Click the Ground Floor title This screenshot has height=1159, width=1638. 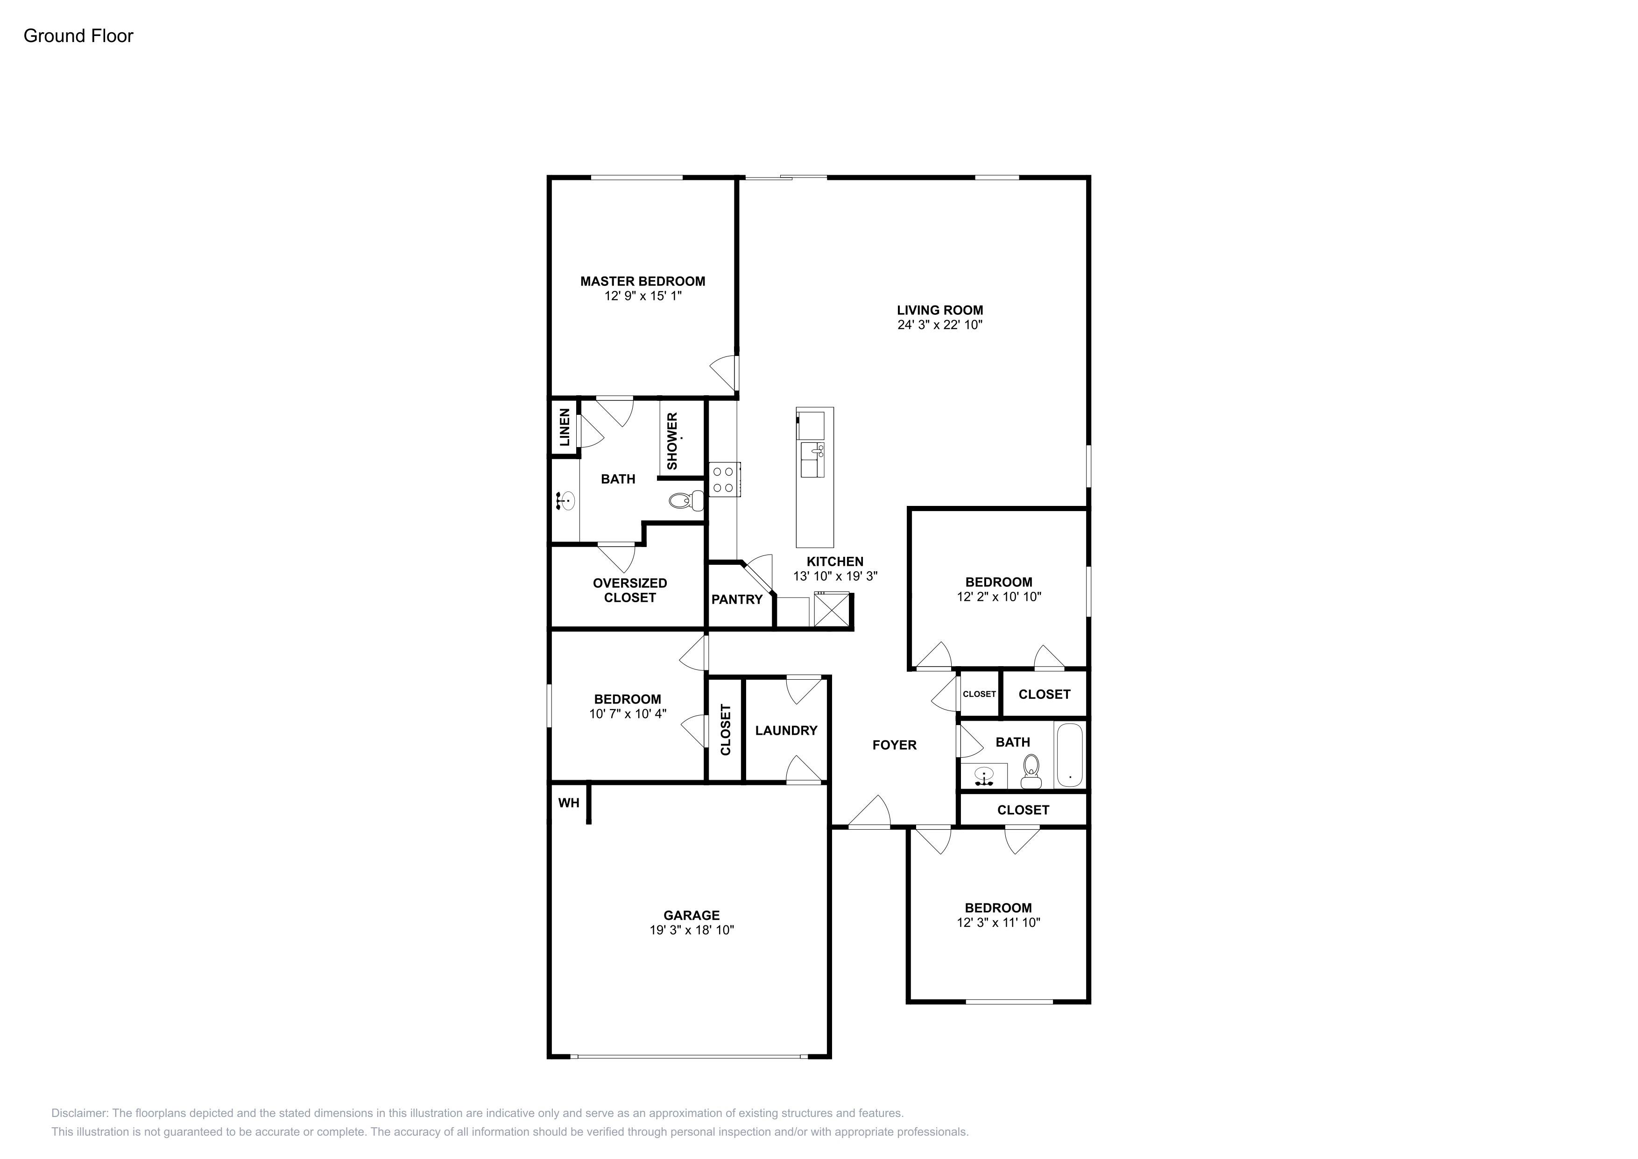coord(78,36)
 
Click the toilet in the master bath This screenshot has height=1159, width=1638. coord(687,501)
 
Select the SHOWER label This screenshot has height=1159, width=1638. coord(672,441)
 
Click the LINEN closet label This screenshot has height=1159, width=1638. coord(565,427)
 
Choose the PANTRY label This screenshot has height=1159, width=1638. coord(737,599)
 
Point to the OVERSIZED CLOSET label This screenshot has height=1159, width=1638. coord(630,590)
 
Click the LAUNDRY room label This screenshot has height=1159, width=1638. coord(786,730)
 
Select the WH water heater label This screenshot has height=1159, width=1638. coord(569,803)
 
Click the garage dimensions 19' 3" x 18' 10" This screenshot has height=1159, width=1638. coord(692,930)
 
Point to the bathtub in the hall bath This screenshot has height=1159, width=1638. coord(1069,755)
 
